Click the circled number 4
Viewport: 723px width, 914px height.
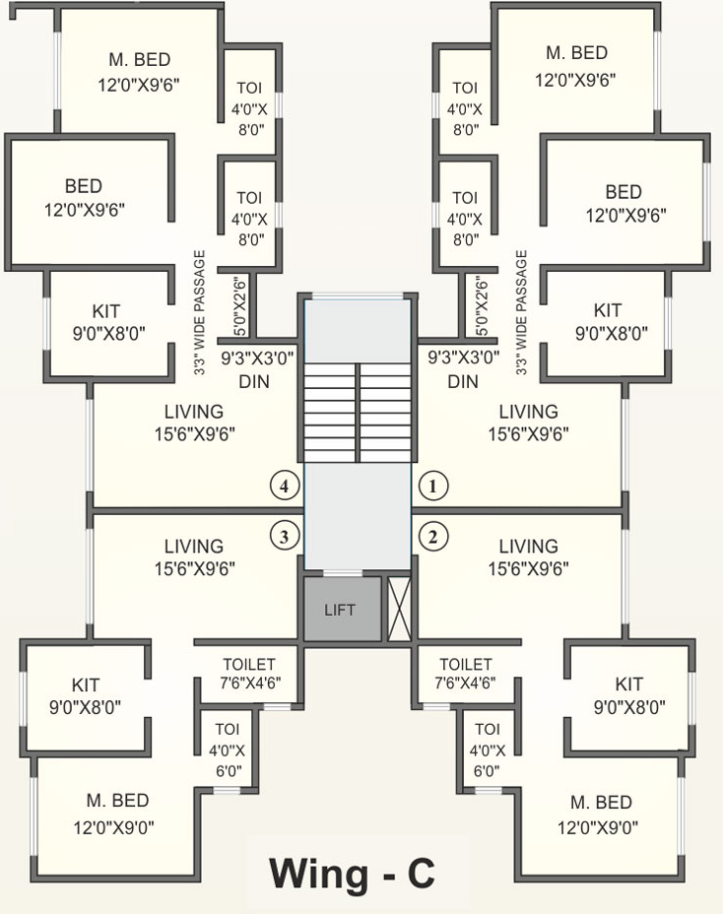pyautogui.click(x=285, y=486)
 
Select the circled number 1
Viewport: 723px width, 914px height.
pyautogui.click(x=433, y=486)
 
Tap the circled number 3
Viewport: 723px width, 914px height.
pyautogui.click(x=285, y=537)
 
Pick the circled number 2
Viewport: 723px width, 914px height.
pyautogui.click(x=433, y=537)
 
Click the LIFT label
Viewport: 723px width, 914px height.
pyautogui.click(x=340, y=611)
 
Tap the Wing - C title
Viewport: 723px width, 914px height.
pyautogui.click(x=352, y=873)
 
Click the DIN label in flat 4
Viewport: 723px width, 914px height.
pyautogui.click(x=254, y=381)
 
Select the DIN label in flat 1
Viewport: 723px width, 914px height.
pyautogui.click(x=463, y=381)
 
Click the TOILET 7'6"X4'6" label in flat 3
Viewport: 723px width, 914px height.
pyautogui.click(x=248, y=674)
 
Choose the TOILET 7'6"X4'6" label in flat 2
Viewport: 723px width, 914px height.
pyautogui.click(x=465, y=674)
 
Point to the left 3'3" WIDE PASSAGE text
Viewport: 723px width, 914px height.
pyautogui.click(x=199, y=312)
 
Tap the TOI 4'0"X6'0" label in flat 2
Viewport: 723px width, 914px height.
pyautogui.click(x=487, y=750)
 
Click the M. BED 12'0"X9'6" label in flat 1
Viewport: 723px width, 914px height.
pyautogui.click(x=577, y=66)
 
